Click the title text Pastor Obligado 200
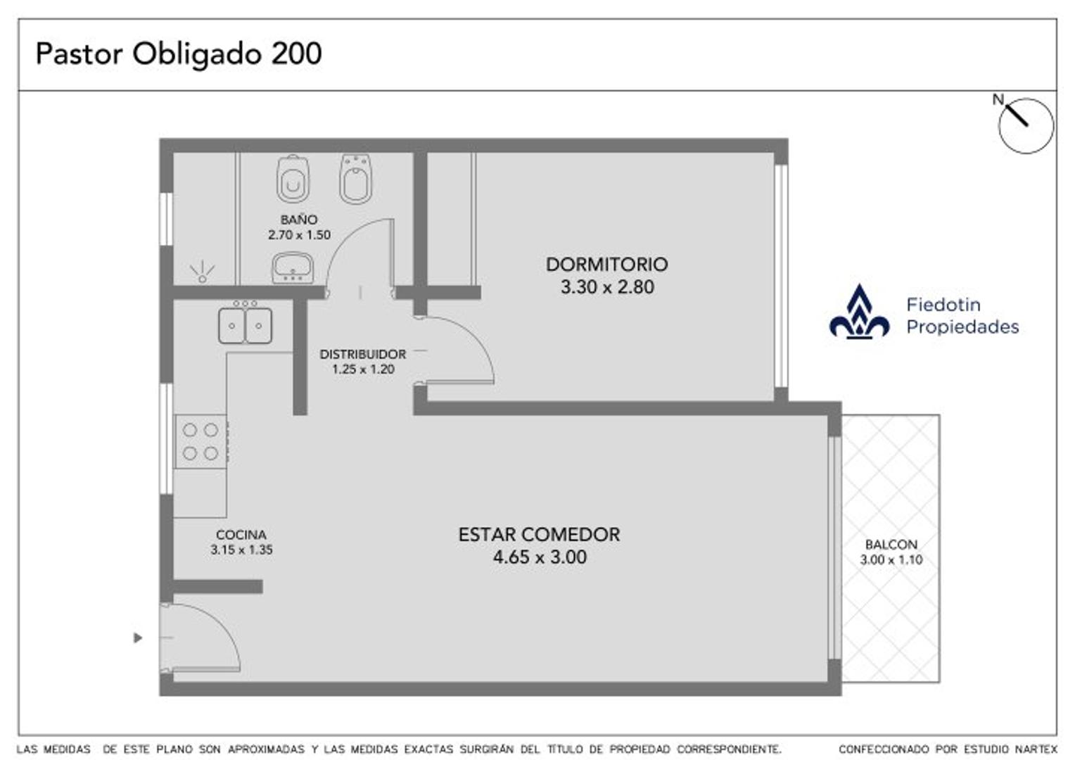tap(179, 53)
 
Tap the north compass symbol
tap(1025, 125)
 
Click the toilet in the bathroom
tap(293, 179)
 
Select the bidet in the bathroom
tap(356, 179)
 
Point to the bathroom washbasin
tap(293, 267)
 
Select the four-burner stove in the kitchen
tap(201, 441)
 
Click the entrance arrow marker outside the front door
tap(138, 638)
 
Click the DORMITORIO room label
tap(606, 265)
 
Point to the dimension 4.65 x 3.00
tap(540, 557)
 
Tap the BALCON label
tap(891, 545)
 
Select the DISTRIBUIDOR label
tap(363, 355)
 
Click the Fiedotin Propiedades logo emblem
tap(859, 314)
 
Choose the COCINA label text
tap(241, 535)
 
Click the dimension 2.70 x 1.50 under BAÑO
tap(299, 235)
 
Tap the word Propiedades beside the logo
tap(962, 327)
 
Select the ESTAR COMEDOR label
tap(539, 535)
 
